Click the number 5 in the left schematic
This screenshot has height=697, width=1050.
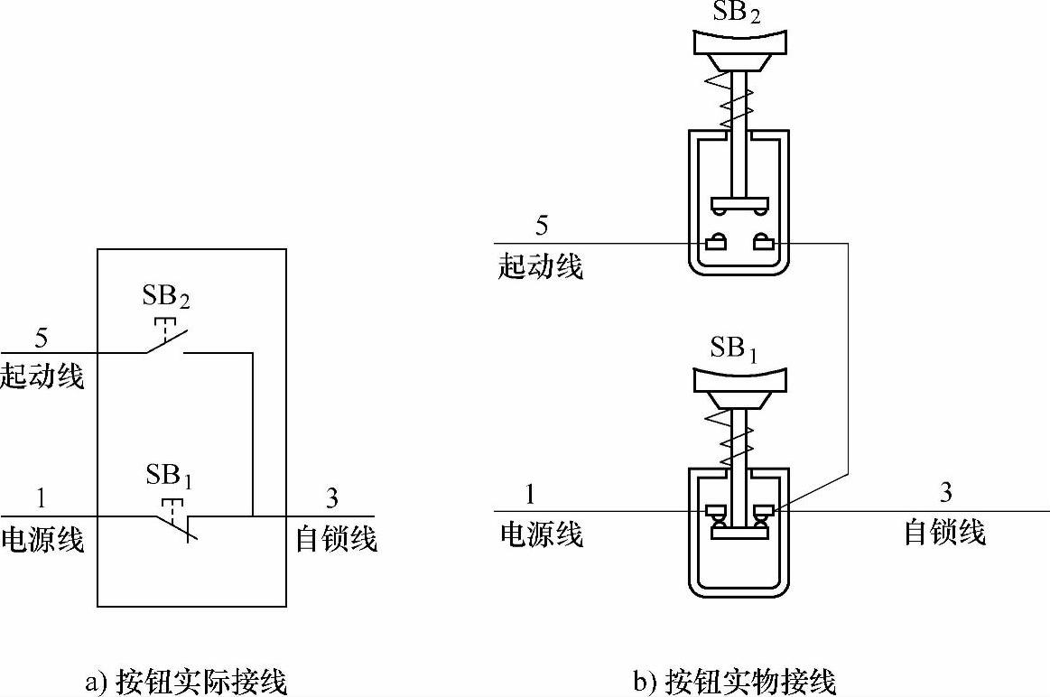click(41, 339)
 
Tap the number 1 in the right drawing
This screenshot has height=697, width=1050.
click(530, 494)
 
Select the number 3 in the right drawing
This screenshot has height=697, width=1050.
click(946, 493)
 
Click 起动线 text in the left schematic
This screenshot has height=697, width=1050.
click(42, 376)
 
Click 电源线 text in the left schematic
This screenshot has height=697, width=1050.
click(42, 539)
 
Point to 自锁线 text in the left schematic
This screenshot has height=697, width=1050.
click(336, 539)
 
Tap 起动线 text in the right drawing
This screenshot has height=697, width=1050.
click(541, 266)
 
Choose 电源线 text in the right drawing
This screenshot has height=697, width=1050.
click(542, 534)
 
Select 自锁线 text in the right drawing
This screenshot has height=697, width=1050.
click(945, 533)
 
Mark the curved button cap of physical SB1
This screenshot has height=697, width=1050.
click(739, 379)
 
